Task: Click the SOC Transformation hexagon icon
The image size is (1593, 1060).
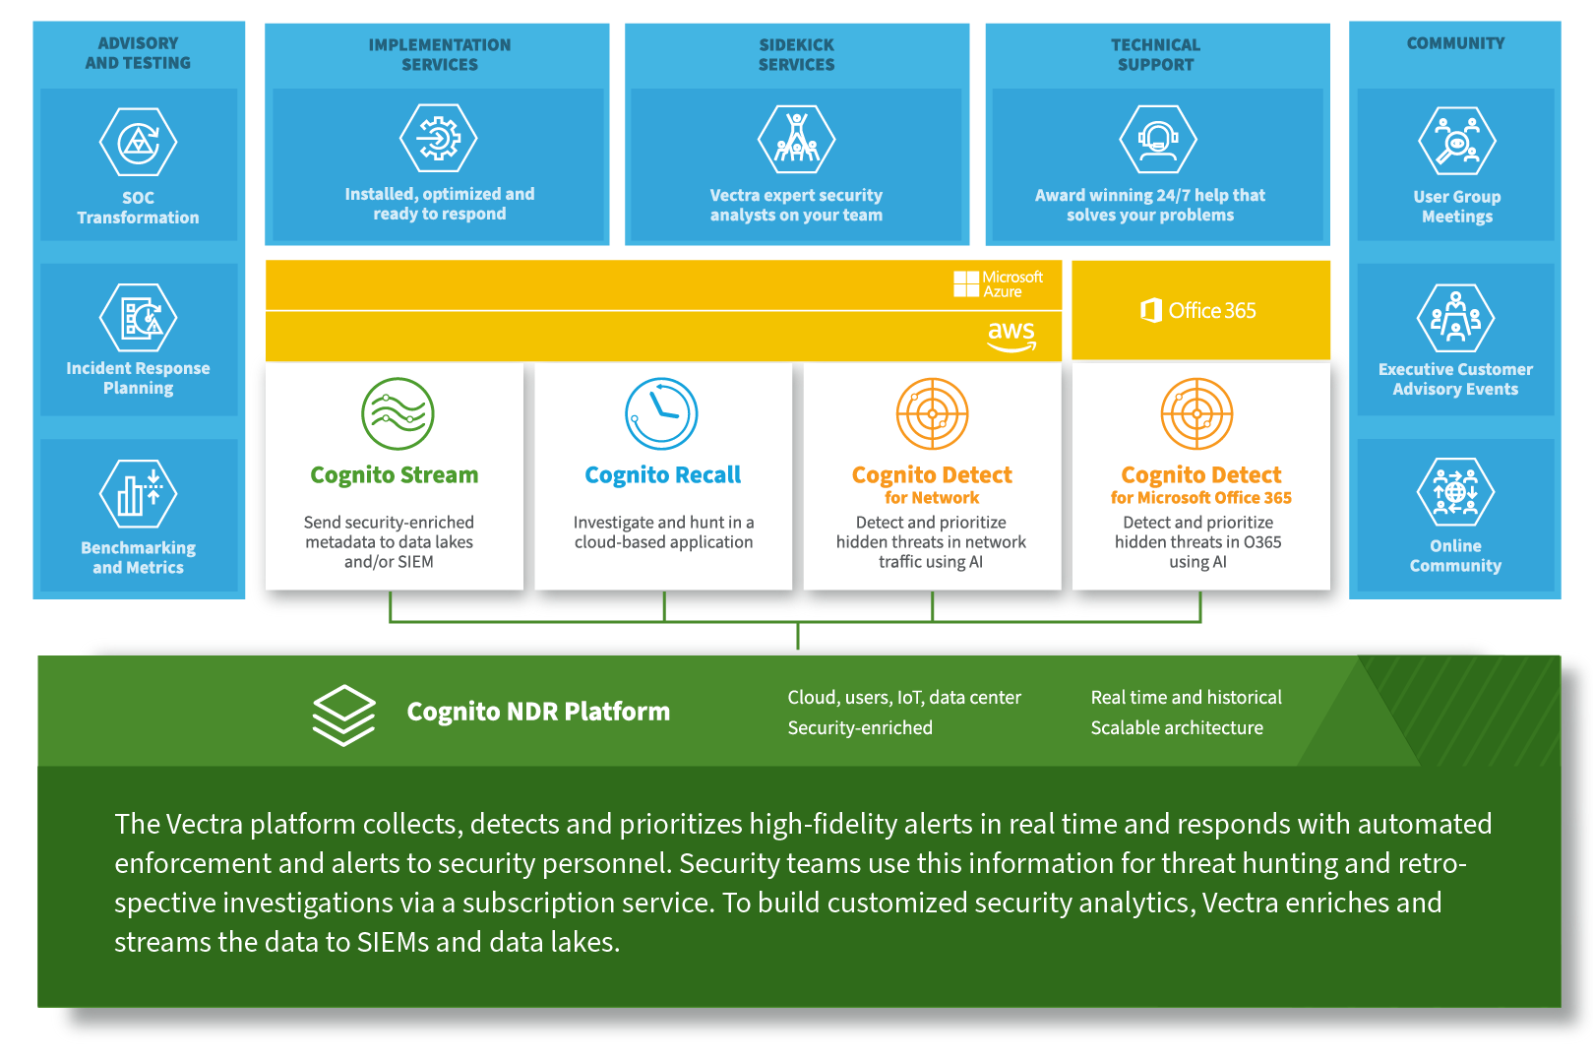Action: pos(138,143)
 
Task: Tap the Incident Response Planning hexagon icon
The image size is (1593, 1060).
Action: pos(138,317)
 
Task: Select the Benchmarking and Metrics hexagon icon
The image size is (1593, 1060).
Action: pos(138,493)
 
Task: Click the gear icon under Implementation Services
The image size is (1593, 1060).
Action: pos(439,139)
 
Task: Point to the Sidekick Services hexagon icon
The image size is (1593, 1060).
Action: pos(796,139)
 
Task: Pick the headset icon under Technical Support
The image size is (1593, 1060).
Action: pos(1158,139)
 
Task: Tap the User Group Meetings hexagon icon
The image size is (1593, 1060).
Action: pos(1456,142)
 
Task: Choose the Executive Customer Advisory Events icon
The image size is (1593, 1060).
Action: pos(1455,318)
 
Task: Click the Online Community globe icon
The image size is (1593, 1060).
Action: pos(1455,492)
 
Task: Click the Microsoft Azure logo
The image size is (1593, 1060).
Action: pos(998,284)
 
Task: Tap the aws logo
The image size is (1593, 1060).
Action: pos(1011,335)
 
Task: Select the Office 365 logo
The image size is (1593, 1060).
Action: pos(1198,311)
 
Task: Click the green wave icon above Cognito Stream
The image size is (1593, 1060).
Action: pos(398,413)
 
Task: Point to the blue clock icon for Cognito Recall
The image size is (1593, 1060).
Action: pos(661,413)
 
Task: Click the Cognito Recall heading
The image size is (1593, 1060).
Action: pos(662,475)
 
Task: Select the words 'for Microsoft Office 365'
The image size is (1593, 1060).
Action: pos(1200,498)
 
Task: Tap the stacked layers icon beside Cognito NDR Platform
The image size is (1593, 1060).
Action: pos(343,715)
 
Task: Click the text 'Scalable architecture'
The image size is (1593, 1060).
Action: pos(1177,728)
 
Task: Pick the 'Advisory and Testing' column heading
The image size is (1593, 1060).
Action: pos(138,53)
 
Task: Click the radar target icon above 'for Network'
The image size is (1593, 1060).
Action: pos(932,413)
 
